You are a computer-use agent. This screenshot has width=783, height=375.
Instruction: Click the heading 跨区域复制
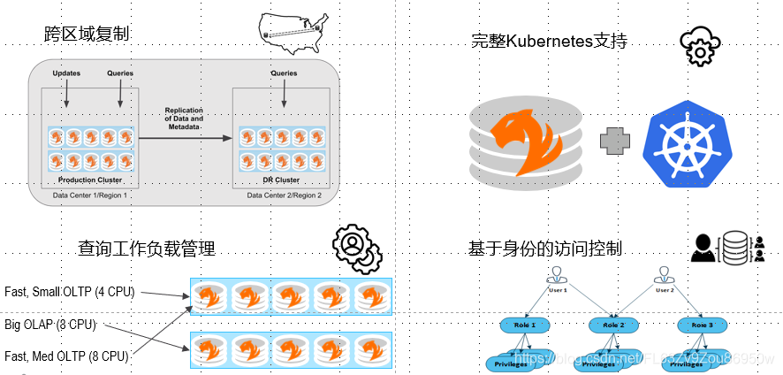(87, 34)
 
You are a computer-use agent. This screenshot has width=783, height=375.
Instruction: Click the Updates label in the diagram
(67, 72)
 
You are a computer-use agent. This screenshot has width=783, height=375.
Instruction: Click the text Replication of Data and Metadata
(184, 119)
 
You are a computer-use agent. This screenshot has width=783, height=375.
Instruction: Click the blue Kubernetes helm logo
(680, 143)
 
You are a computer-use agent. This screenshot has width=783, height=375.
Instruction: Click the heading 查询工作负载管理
(146, 249)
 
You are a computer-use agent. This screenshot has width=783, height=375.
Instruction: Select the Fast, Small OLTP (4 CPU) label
(69, 292)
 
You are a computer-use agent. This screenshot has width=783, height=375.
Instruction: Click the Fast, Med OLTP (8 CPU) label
(66, 356)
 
